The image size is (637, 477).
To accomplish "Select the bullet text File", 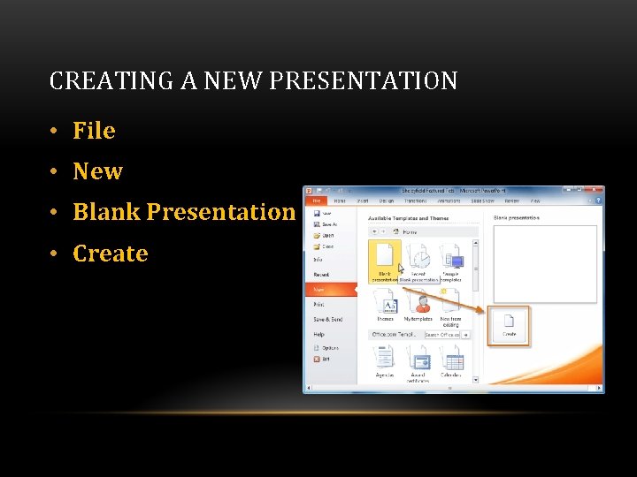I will click(94, 131).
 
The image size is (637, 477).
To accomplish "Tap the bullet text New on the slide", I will click(97, 171).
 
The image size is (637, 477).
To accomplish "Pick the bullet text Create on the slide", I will click(110, 254).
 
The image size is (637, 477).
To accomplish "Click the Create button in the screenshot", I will click(510, 324).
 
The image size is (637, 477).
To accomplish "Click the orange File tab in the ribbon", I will click(316, 201).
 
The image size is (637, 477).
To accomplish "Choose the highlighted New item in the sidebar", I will click(320, 289).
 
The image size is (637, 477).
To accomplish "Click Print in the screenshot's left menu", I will click(319, 304).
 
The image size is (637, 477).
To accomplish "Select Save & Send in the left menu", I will click(327, 319).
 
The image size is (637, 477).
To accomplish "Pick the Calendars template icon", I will click(451, 359).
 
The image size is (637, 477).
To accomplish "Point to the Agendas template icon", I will click(385, 359).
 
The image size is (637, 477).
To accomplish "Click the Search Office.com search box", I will click(442, 335).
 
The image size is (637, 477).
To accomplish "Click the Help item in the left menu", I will click(318, 334).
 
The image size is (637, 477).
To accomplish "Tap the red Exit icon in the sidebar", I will click(317, 360).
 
